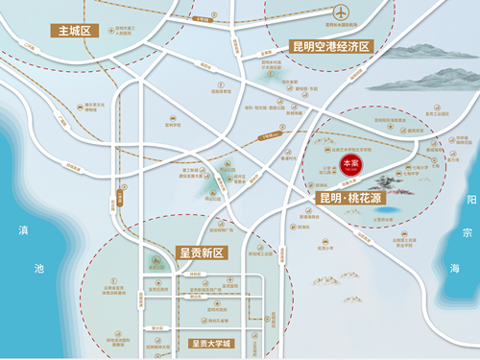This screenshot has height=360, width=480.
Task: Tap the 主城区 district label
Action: pyautogui.click(x=73, y=31)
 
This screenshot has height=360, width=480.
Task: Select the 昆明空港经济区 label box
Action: pyautogui.click(x=329, y=45)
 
